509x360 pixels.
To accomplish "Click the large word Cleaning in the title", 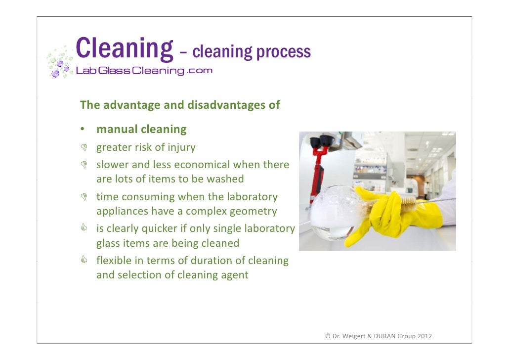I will coord(124,49).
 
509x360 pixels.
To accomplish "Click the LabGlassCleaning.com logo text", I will coord(144,71).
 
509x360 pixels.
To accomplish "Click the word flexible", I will coord(114,261).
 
